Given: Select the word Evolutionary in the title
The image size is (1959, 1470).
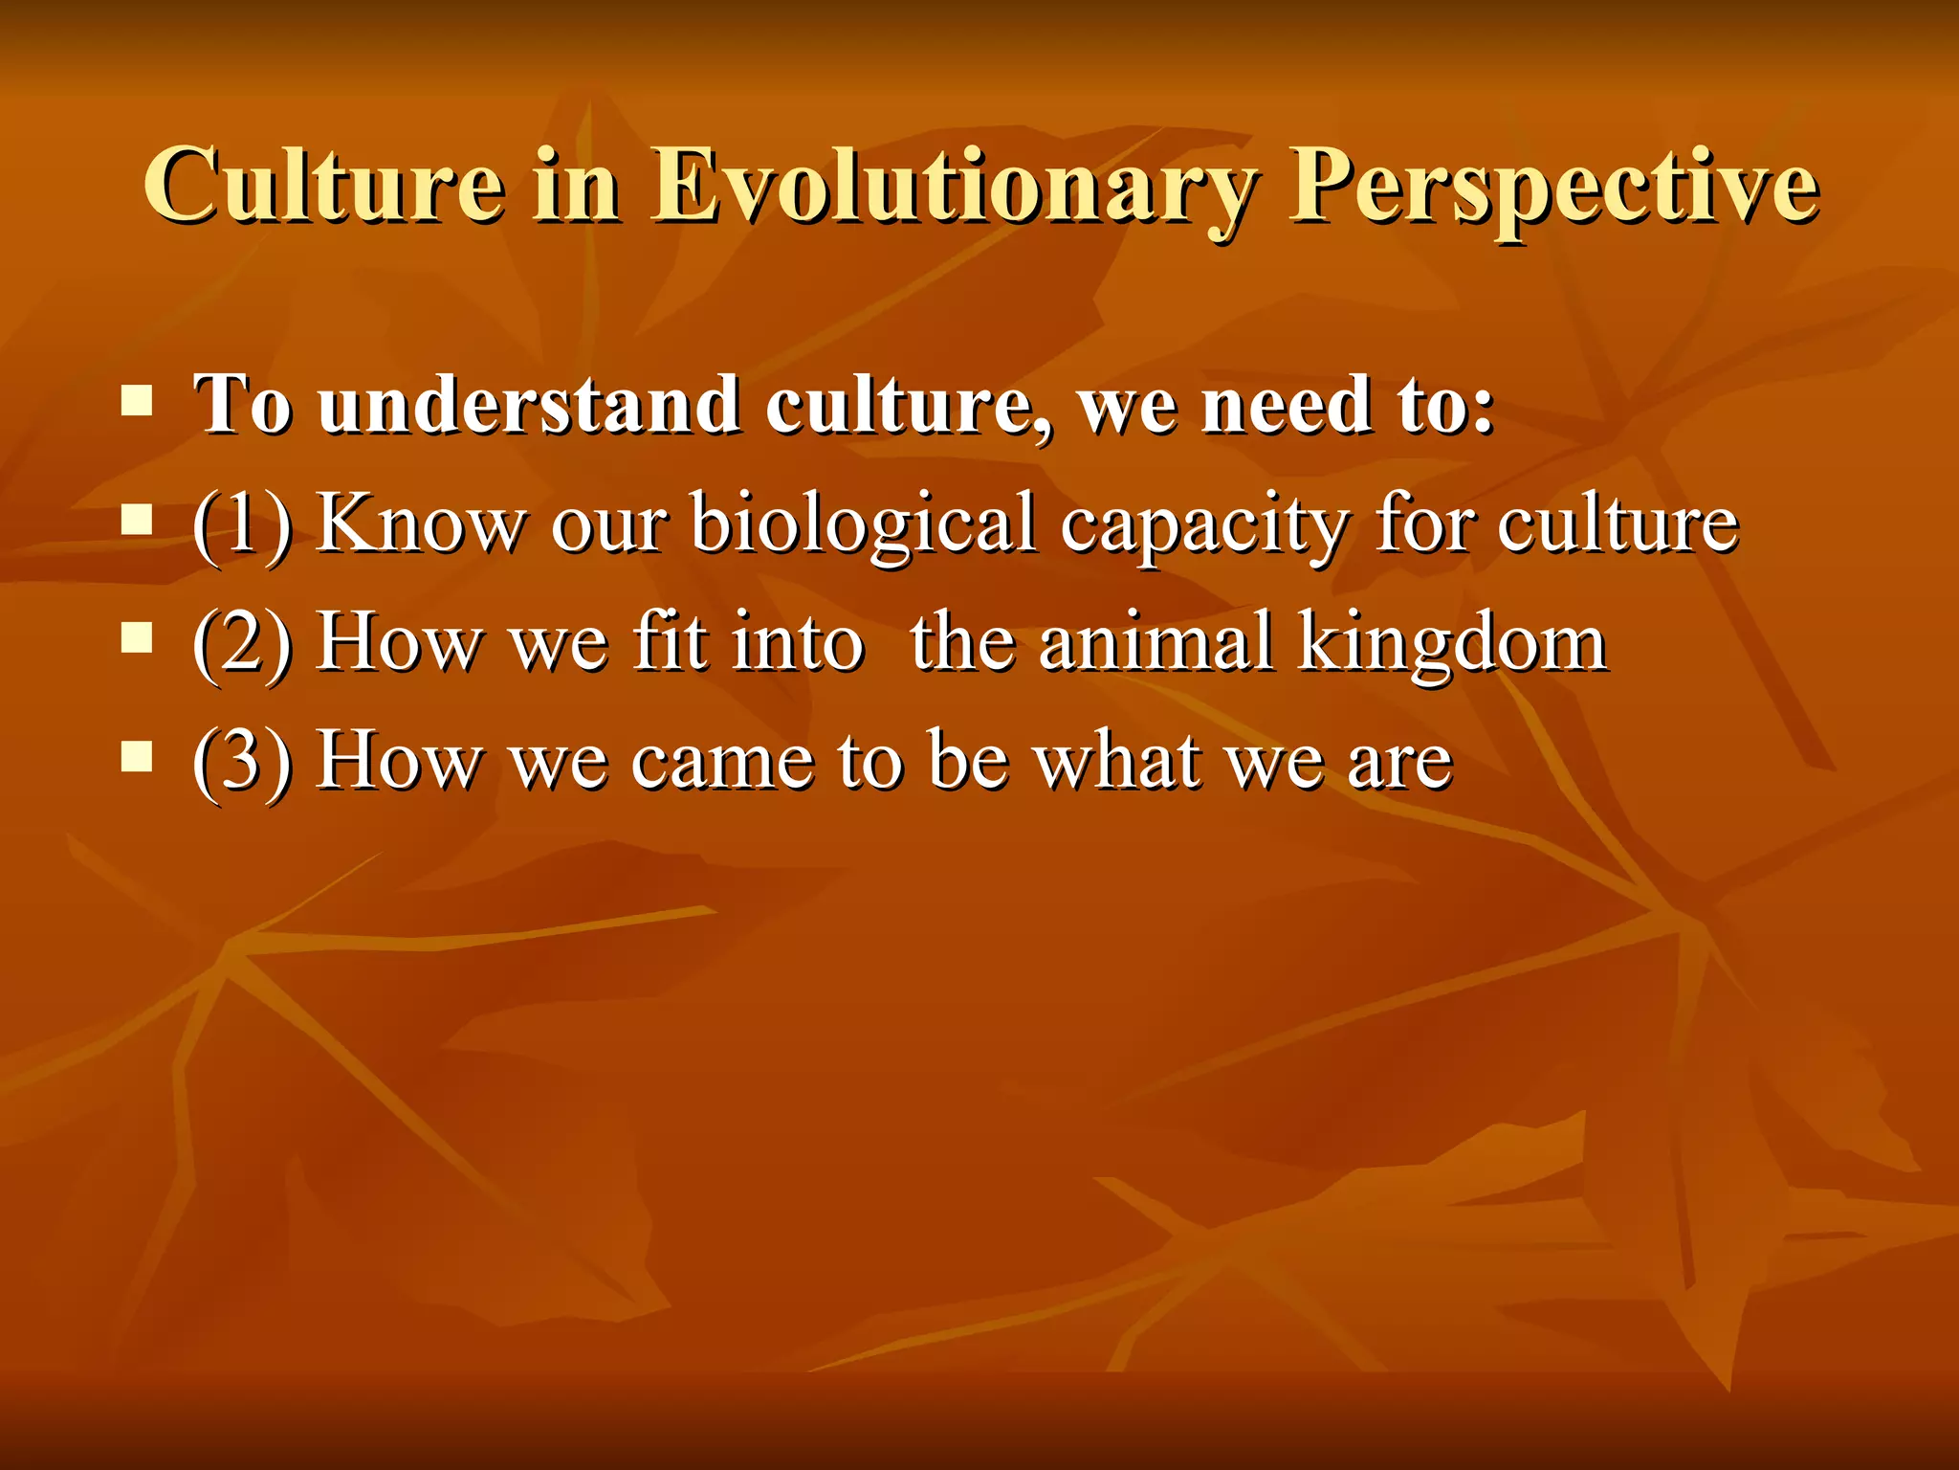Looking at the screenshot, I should pos(951,186).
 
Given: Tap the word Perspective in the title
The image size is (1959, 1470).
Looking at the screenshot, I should pos(1553,186).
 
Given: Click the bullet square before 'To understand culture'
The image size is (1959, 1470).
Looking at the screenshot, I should pos(138,401).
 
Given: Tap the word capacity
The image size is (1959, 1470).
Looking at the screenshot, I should pos(1204,523).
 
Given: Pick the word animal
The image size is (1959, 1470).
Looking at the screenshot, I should pos(1156,642).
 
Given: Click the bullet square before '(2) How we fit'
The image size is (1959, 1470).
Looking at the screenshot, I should pos(138,638).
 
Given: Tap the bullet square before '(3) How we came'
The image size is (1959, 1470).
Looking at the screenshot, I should pos(138,757).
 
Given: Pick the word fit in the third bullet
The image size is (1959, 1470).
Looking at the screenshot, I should pos(670,642).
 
